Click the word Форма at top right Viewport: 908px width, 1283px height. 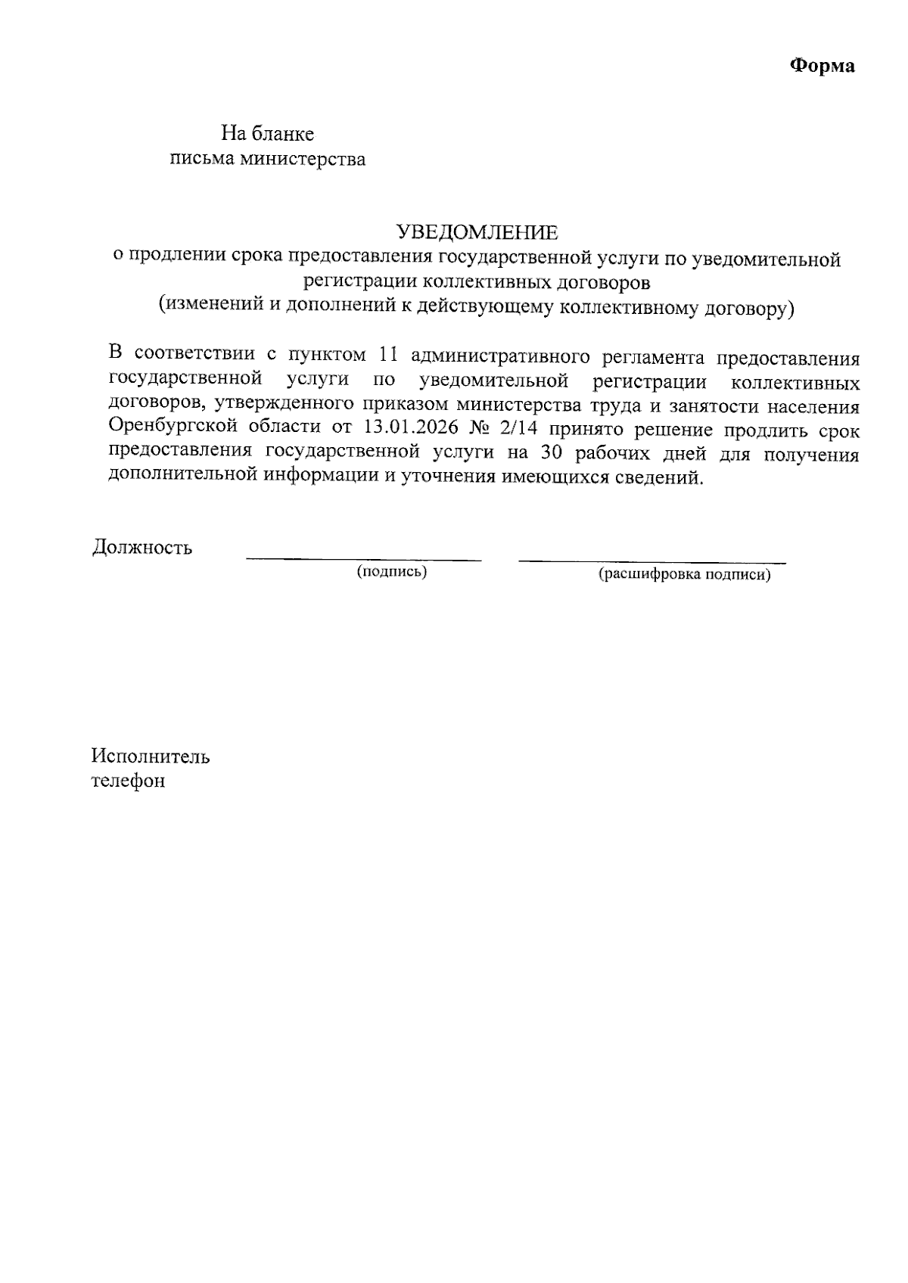(822, 66)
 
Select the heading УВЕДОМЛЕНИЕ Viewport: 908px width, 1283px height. (477, 231)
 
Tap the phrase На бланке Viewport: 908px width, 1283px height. (267, 134)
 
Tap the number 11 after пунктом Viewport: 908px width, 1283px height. (387, 356)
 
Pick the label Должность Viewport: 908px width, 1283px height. (142, 547)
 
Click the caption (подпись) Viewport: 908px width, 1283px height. (392, 572)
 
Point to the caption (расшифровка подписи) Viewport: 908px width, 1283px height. (684, 574)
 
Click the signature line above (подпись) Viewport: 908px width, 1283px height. (363, 560)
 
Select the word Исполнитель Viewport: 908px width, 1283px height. (151, 756)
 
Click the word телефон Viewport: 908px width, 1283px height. (128, 780)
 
